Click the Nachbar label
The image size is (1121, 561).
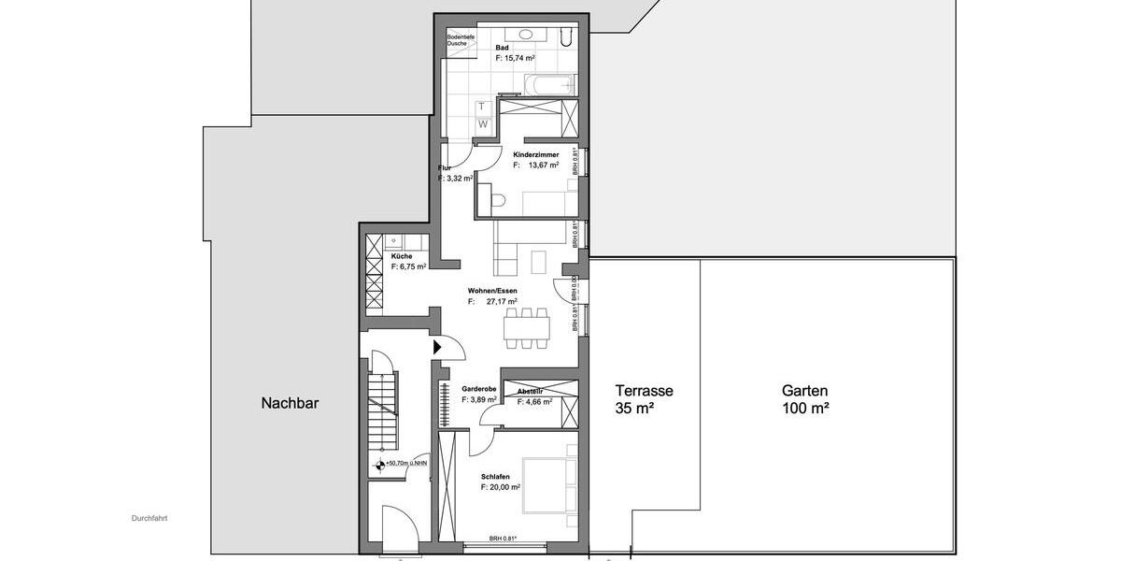click(290, 403)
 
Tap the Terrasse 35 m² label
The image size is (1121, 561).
click(644, 399)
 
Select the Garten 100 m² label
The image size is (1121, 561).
click(805, 399)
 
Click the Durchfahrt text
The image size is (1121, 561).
click(149, 517)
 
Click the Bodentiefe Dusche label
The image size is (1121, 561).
click(461, 40)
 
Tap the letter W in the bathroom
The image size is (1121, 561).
click(483, 123)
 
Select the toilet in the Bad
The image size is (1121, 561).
click(498, 199)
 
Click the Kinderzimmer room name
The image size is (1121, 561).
click(536, 153)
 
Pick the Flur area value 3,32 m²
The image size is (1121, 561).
click(455, 178)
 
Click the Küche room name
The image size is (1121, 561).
click(402, 255)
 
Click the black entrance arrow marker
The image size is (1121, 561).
click(436, 346)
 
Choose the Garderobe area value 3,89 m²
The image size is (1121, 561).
click(478, 399)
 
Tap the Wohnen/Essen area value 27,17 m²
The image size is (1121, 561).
click(502, 302)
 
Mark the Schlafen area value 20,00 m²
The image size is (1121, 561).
click(501, 487)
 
